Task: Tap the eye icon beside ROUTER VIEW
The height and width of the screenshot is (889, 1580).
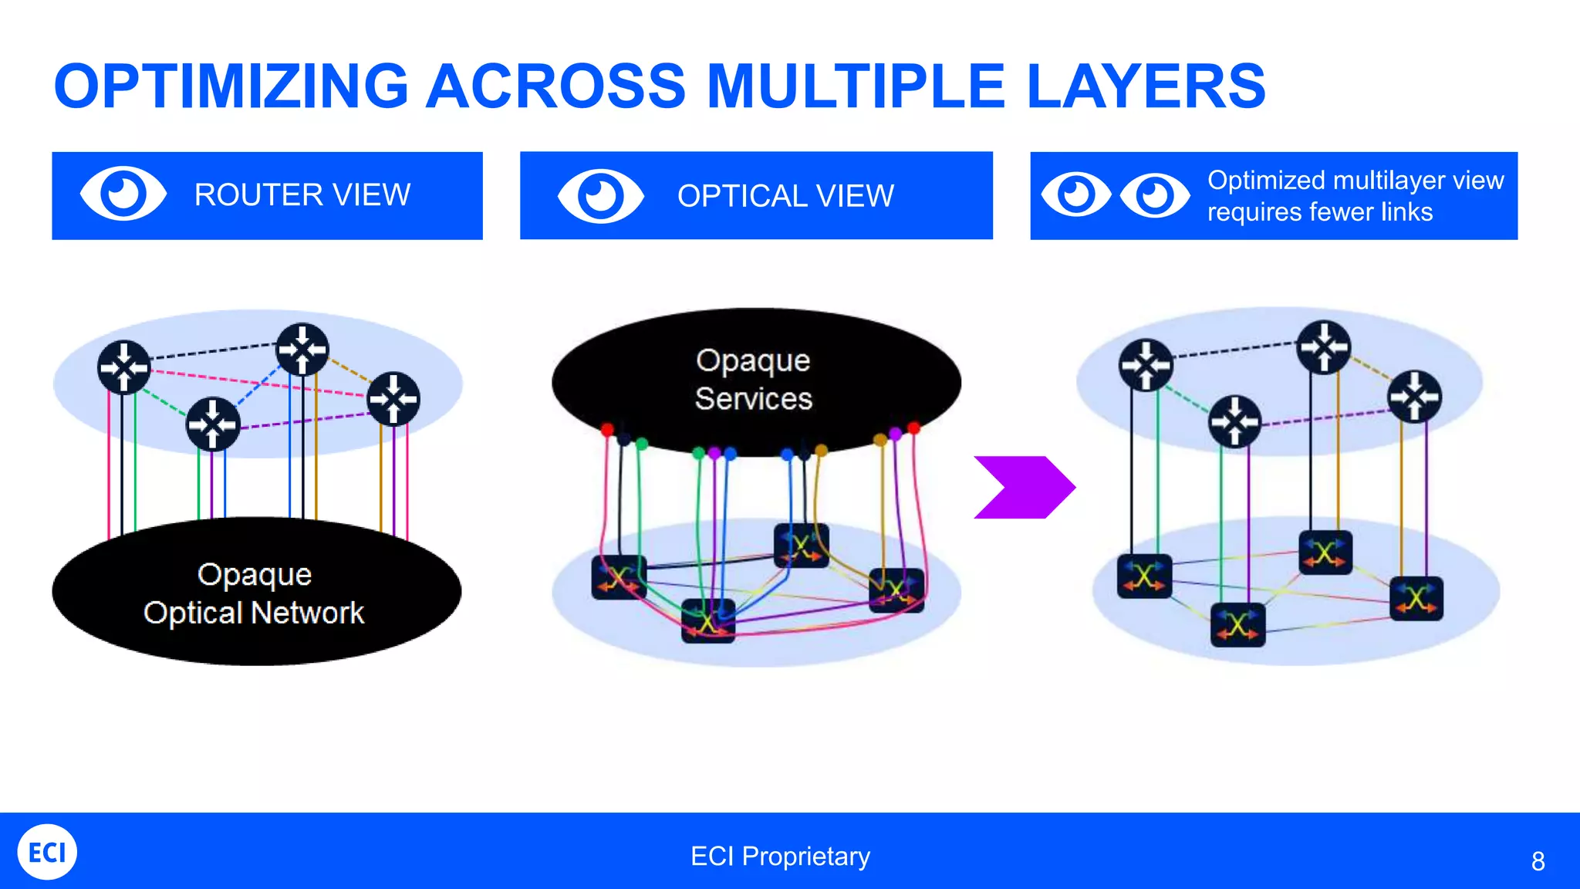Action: pyautogui.click(x=123, y=194)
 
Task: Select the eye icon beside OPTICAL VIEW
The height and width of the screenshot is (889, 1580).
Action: pyautogui.click(x=600, y=196)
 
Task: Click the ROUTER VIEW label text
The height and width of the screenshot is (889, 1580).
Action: pyautogui.click(x=302, y=195)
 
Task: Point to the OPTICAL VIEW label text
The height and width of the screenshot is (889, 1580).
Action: pyautogui.click(x=785, y=196)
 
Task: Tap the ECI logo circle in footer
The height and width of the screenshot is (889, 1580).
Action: pyautogui.click(x=47, y=852)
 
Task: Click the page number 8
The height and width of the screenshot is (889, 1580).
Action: pyautogui.click(x=1538, y=861)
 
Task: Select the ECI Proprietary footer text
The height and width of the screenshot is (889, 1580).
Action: pyautogui.click(x=780, y=857)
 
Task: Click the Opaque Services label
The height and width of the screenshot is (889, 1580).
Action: pyautogui.click(x=753, y=380)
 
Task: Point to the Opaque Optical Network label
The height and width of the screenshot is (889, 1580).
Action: pyautogui.click(x=254, y=593)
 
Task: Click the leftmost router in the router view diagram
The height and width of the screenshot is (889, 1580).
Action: pyautogui.click(x=124, y=367)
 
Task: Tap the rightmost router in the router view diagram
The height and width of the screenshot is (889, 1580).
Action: pyautogui.click(x=393, y=399)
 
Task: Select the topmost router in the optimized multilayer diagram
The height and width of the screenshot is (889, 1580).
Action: pyautogui.click(x=1324, y=347)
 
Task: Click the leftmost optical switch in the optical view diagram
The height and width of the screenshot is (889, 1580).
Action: pyautogui.click(x=619, y=577)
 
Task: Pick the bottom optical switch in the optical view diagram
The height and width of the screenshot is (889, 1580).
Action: pyautogui.click(x=707, y=621)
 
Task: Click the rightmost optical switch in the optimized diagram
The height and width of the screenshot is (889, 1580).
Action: pyautogui.click(x=1416, y=598)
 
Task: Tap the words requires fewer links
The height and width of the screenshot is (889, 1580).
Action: pyautogui.click(x=1319, y=212)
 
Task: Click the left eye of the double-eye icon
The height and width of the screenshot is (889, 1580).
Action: pyautogui.click(x=1075, y=194)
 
